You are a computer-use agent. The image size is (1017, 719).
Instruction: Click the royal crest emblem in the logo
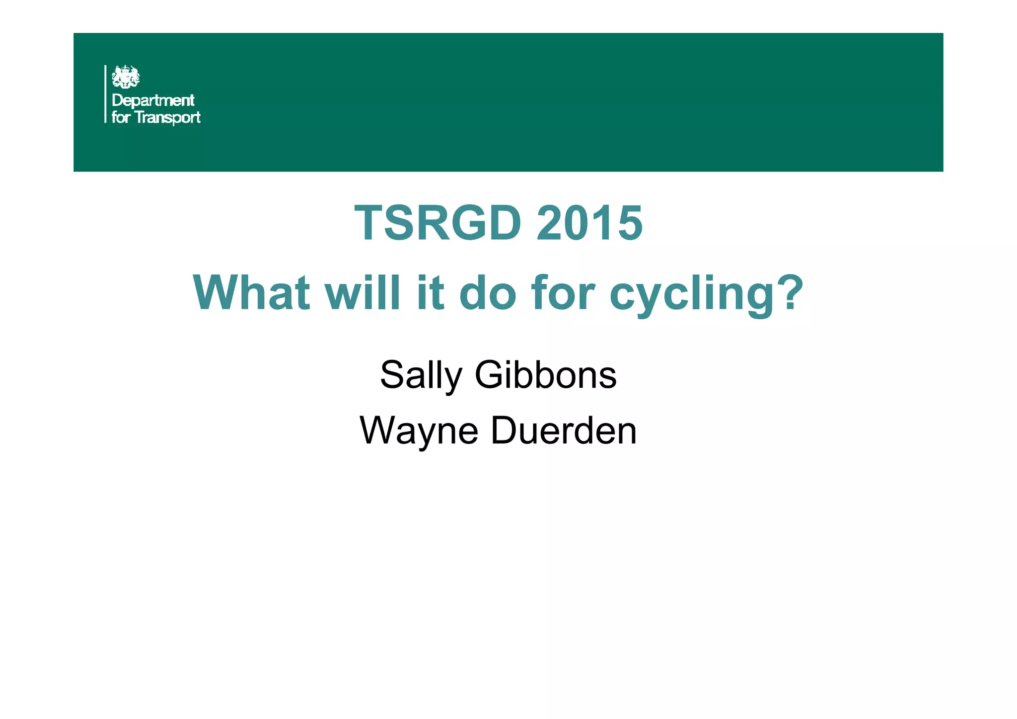pos(126,77)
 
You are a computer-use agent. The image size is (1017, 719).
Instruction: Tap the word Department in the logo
pos(153,100)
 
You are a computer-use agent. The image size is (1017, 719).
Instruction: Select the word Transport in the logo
pos(168,118)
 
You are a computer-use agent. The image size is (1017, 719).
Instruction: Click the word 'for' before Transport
pos(121,118)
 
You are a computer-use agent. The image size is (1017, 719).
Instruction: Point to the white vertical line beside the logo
pos(105,94)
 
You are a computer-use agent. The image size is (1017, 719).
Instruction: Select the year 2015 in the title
pos(589,223)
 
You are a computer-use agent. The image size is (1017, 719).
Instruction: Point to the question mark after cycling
pos(788,292)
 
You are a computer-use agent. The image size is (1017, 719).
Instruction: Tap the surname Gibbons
pos(545,375)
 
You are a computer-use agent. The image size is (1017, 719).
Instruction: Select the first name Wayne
pos(419,431)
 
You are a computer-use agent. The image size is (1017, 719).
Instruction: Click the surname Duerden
pos(564,430)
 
